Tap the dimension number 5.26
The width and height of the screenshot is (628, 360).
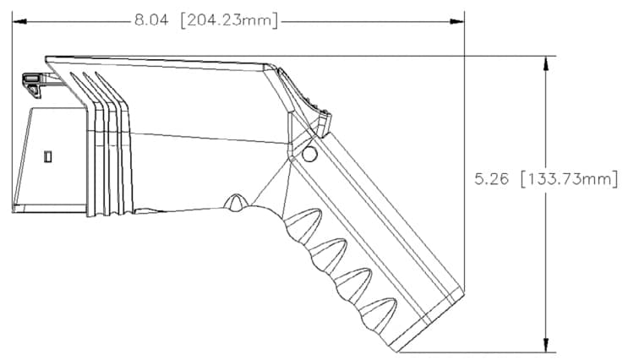pos(492,179)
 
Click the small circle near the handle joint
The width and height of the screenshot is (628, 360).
pos(309,154)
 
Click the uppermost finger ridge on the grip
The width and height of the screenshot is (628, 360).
pos(302,224)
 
